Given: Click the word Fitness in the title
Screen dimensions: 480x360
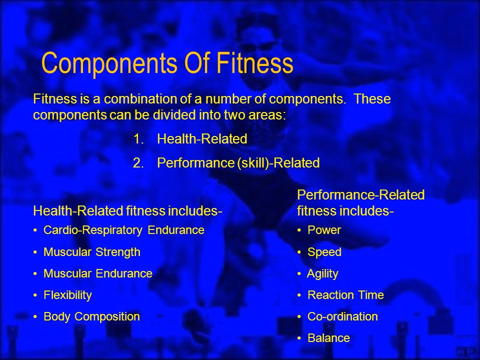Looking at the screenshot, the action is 254,63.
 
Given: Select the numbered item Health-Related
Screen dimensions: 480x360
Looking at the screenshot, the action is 202,139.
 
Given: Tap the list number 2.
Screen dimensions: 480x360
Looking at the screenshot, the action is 138,163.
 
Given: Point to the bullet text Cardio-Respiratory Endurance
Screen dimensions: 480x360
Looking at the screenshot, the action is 124,230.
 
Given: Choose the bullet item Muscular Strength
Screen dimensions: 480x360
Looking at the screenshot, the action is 92,252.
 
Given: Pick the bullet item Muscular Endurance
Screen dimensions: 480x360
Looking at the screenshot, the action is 98,273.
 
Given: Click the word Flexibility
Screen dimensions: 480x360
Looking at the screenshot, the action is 67,295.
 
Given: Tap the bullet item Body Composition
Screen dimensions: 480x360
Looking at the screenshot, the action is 92,317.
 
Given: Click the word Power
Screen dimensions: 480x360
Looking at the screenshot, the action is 324,230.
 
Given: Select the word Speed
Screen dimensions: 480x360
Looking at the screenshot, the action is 324,252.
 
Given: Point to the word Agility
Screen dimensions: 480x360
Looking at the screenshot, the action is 322,274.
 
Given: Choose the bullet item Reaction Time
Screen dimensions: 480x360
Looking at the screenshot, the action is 345,295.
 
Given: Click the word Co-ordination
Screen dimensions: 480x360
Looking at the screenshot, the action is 342,316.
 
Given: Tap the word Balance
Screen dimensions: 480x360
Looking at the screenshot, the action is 328,338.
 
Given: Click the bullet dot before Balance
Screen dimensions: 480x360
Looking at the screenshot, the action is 299,338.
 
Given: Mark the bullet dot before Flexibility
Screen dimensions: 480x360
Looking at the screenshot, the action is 35,295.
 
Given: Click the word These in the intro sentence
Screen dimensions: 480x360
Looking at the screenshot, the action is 372,99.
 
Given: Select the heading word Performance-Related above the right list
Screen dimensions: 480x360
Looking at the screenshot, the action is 360,195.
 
